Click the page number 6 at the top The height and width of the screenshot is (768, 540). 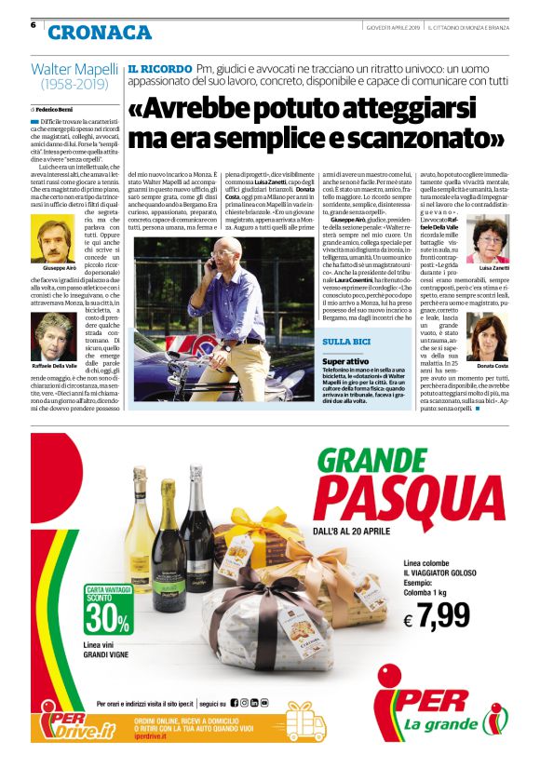(34, 24)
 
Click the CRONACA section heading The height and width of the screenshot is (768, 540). (100, 33)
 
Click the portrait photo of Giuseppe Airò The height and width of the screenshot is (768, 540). (53, 238)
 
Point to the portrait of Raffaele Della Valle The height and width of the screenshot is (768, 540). (53, 330)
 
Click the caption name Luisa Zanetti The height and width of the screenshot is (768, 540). (493, 268)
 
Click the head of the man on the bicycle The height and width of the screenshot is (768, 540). (229, 249)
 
